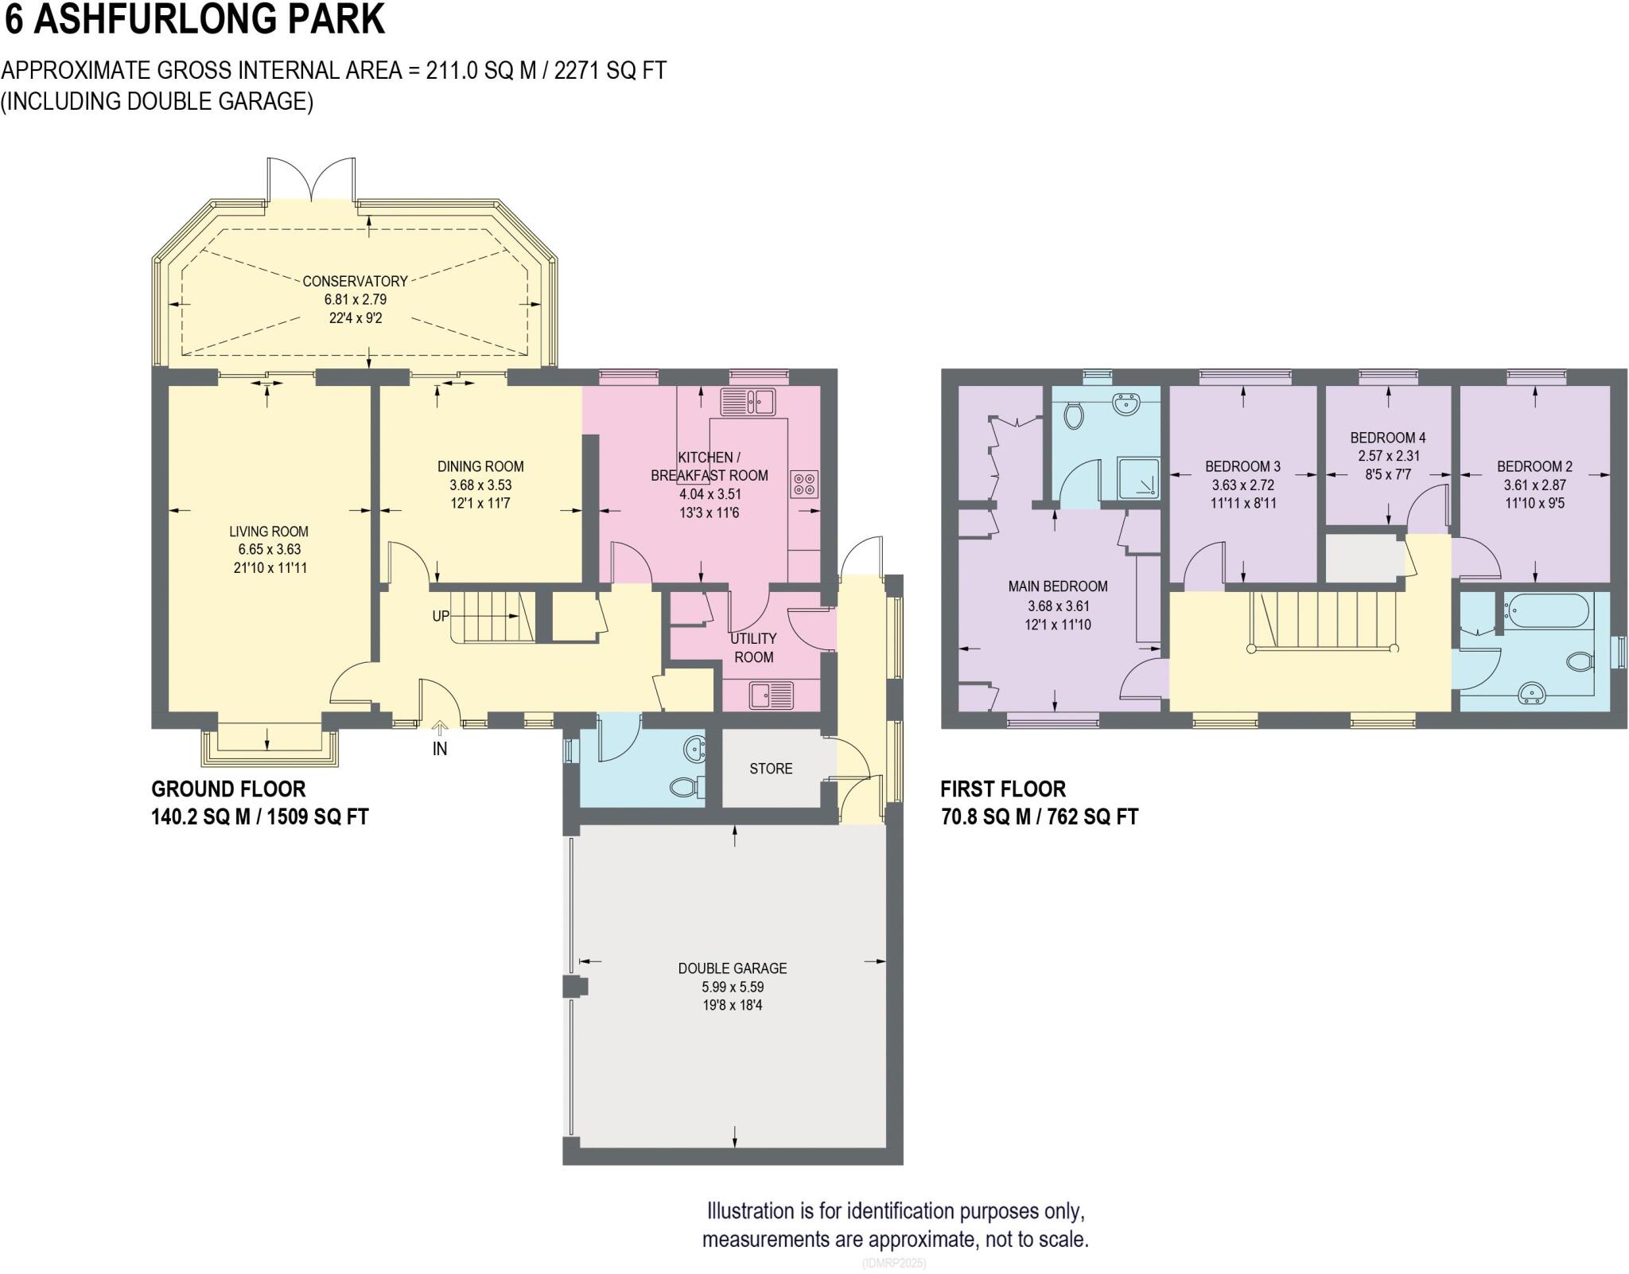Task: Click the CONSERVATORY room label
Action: click(355, 281)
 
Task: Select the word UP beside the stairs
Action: click(441, 616)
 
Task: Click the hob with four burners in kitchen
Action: click(804, 484)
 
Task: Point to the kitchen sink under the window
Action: click(748, 401)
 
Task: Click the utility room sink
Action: click(771, 696)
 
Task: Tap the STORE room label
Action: click(771, 769)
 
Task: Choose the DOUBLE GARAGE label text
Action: click(733, 968)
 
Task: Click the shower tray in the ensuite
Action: click(1137, 477)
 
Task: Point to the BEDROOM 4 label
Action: click(1388, 438)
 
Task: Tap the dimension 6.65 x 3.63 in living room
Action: click(269, 550)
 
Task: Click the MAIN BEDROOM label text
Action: click(1058, 586)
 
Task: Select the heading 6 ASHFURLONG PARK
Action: click(195, 19)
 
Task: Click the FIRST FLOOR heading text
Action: click(1002, 789)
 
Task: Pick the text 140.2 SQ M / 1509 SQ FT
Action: click(260, 817)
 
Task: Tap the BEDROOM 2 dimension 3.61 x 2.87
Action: click(1534, 485)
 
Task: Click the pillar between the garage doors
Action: click(574, 987)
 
